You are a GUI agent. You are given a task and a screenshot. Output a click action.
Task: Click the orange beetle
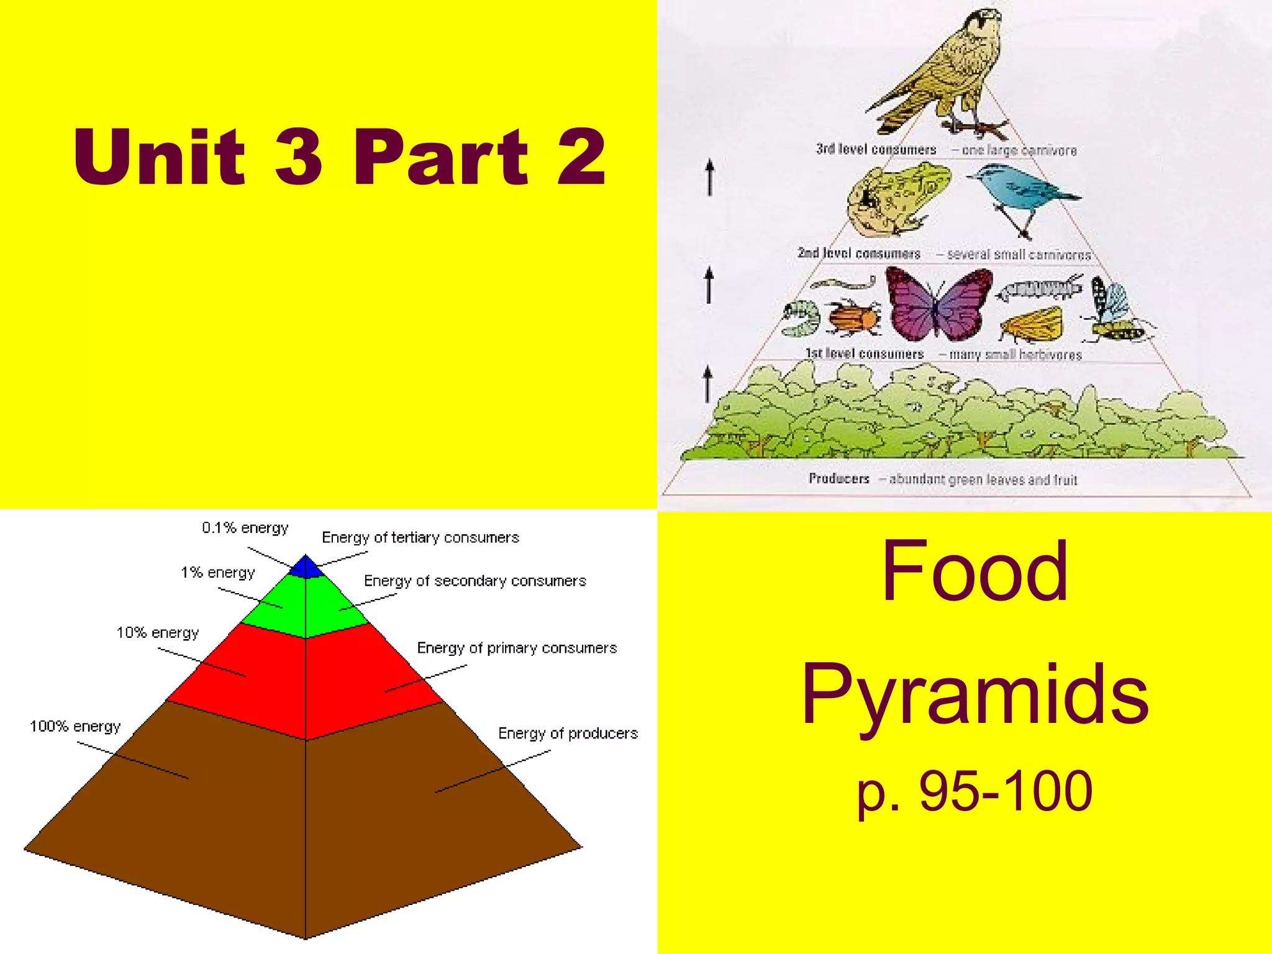click(855, 317)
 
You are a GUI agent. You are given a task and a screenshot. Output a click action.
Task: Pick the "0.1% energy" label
click(245, 528)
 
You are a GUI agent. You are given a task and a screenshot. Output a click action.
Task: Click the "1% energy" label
click(218, 572)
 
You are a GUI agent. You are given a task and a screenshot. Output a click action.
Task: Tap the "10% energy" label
click(158, 632)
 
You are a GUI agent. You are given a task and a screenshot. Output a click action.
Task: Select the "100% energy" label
click(75, 726)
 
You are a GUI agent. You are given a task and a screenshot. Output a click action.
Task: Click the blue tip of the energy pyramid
click(306, 567)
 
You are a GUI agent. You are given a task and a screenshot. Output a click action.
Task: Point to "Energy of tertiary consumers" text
click(420, 537)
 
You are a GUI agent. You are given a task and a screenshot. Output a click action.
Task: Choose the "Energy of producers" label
click(568, 734)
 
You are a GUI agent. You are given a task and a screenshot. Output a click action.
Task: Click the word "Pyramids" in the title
click(975, 696)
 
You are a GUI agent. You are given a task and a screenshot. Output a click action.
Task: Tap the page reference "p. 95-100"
click(975, 791)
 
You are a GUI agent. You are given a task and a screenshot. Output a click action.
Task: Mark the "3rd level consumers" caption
click(876, 149)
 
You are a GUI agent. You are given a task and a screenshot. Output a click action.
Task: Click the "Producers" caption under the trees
click(838, 478)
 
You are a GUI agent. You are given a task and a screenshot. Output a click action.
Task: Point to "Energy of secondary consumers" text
click(475, 581)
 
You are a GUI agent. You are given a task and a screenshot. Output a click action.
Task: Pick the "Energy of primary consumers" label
click(517, 648)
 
